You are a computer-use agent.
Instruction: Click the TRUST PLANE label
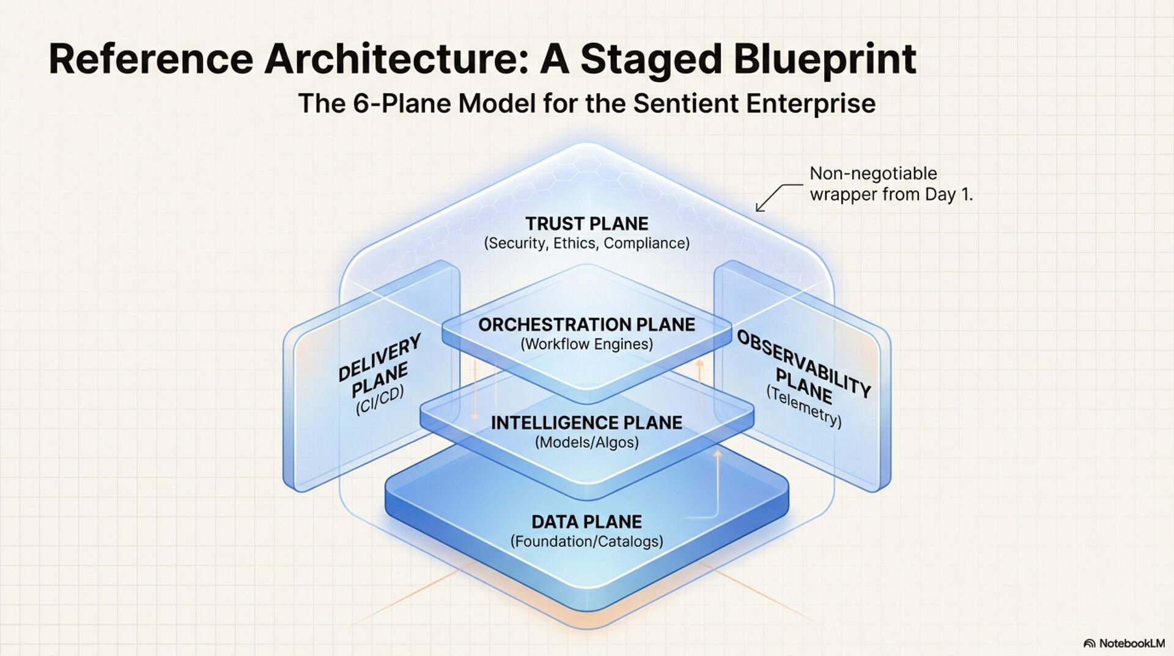pyautogui.click(x=586, y=223)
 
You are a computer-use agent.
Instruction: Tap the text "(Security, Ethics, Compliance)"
pyautogui.click(x=586, y=244)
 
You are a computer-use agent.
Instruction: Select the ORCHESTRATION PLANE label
pyautogui.click(x=586, y=324)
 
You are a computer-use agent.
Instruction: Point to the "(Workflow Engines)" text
pyautogui.click(x=586, y=345)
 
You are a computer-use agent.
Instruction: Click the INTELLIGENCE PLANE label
pyautogui.click(x=586, y=423)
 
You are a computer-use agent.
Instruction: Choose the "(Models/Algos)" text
pyautogui.click(x=586, y=442)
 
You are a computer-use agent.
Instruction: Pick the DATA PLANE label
pyautogui.click(x=586, y=522)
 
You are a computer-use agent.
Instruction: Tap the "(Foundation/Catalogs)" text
pyautogui.click(x=586, y=542)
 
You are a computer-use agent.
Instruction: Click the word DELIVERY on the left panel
pyautogui.click(x=379, y=357)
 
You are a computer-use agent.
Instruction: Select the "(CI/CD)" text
pyautogui.click(x=380, y=401)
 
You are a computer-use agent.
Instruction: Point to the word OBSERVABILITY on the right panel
pyautogui.click(x=804, y=363)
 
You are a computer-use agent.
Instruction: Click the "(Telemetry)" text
pyautogui.click(x=804, y=407)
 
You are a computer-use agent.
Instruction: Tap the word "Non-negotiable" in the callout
pyautogui.click(x=873, y=174)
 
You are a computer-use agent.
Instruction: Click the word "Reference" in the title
pyautogui.click(x=150, y=59)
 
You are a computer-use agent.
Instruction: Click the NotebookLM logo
pyautogui.click(x=1124, y=643)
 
